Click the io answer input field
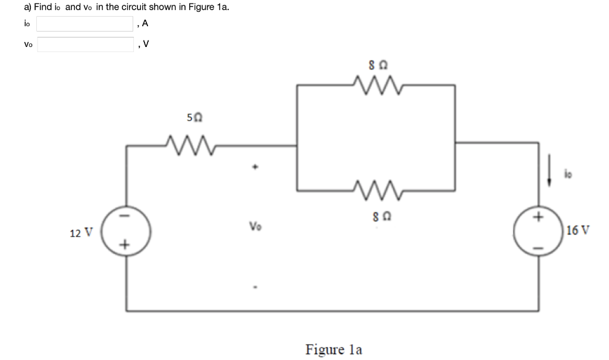click(85, 24)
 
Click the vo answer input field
click(85, 45)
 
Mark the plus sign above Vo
click(255, 169)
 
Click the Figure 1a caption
click(334, 349)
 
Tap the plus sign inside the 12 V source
click(125, 244)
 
